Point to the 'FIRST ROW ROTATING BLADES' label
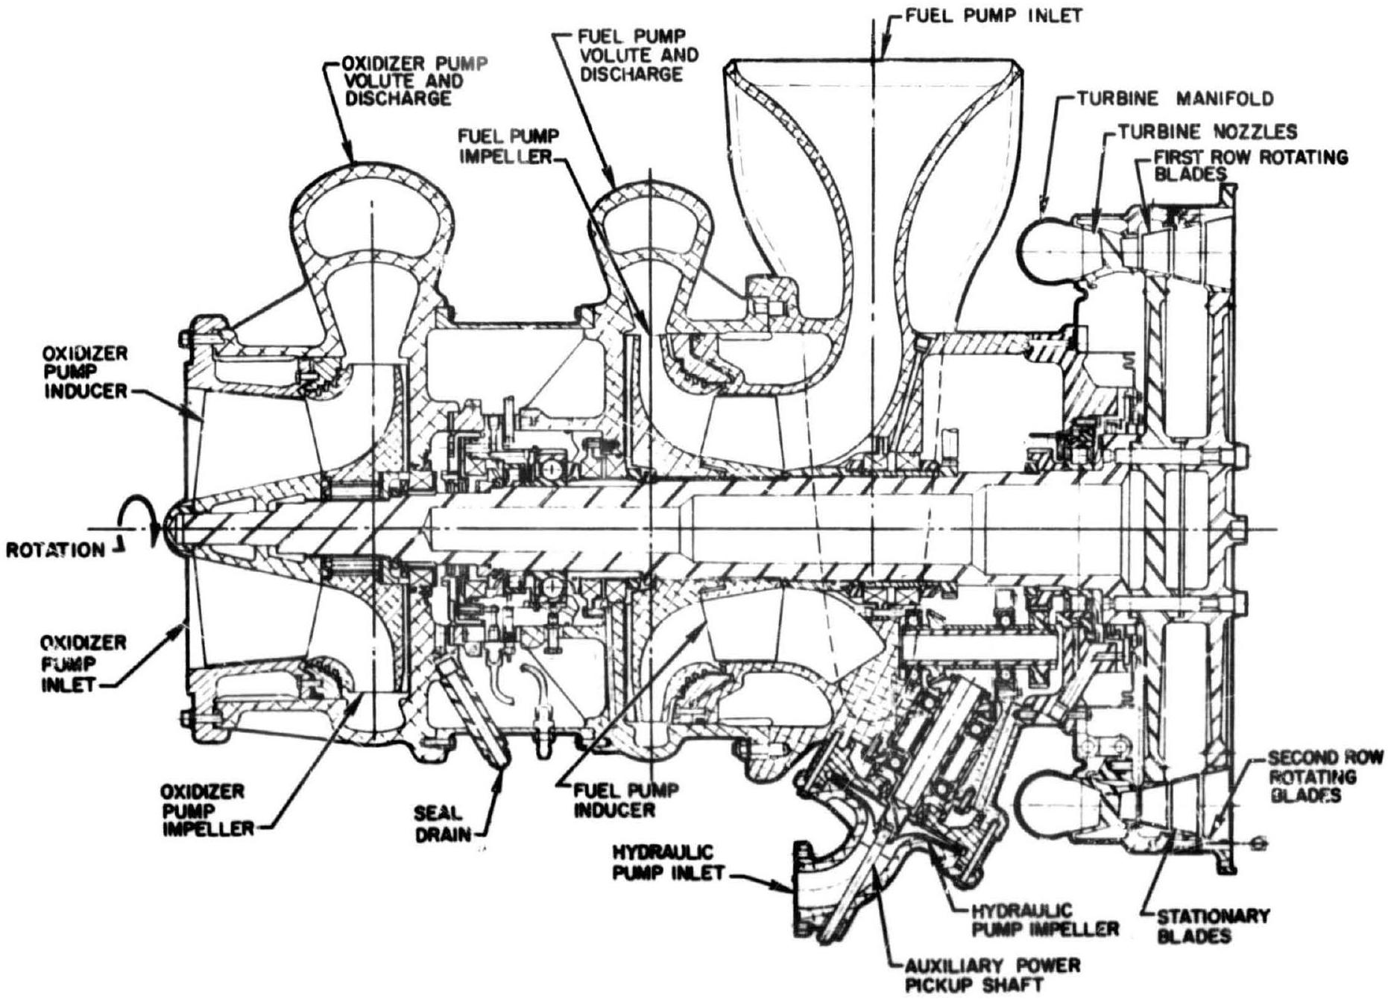(1250, 165)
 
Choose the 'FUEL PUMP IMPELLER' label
(509, 147)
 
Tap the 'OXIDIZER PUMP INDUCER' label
(83, 372)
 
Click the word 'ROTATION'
(56, 551)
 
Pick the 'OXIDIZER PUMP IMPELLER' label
(204, 810)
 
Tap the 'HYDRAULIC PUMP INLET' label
(669, 862)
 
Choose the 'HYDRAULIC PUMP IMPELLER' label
(1045, 920)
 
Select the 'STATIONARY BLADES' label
(1213, 926)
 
